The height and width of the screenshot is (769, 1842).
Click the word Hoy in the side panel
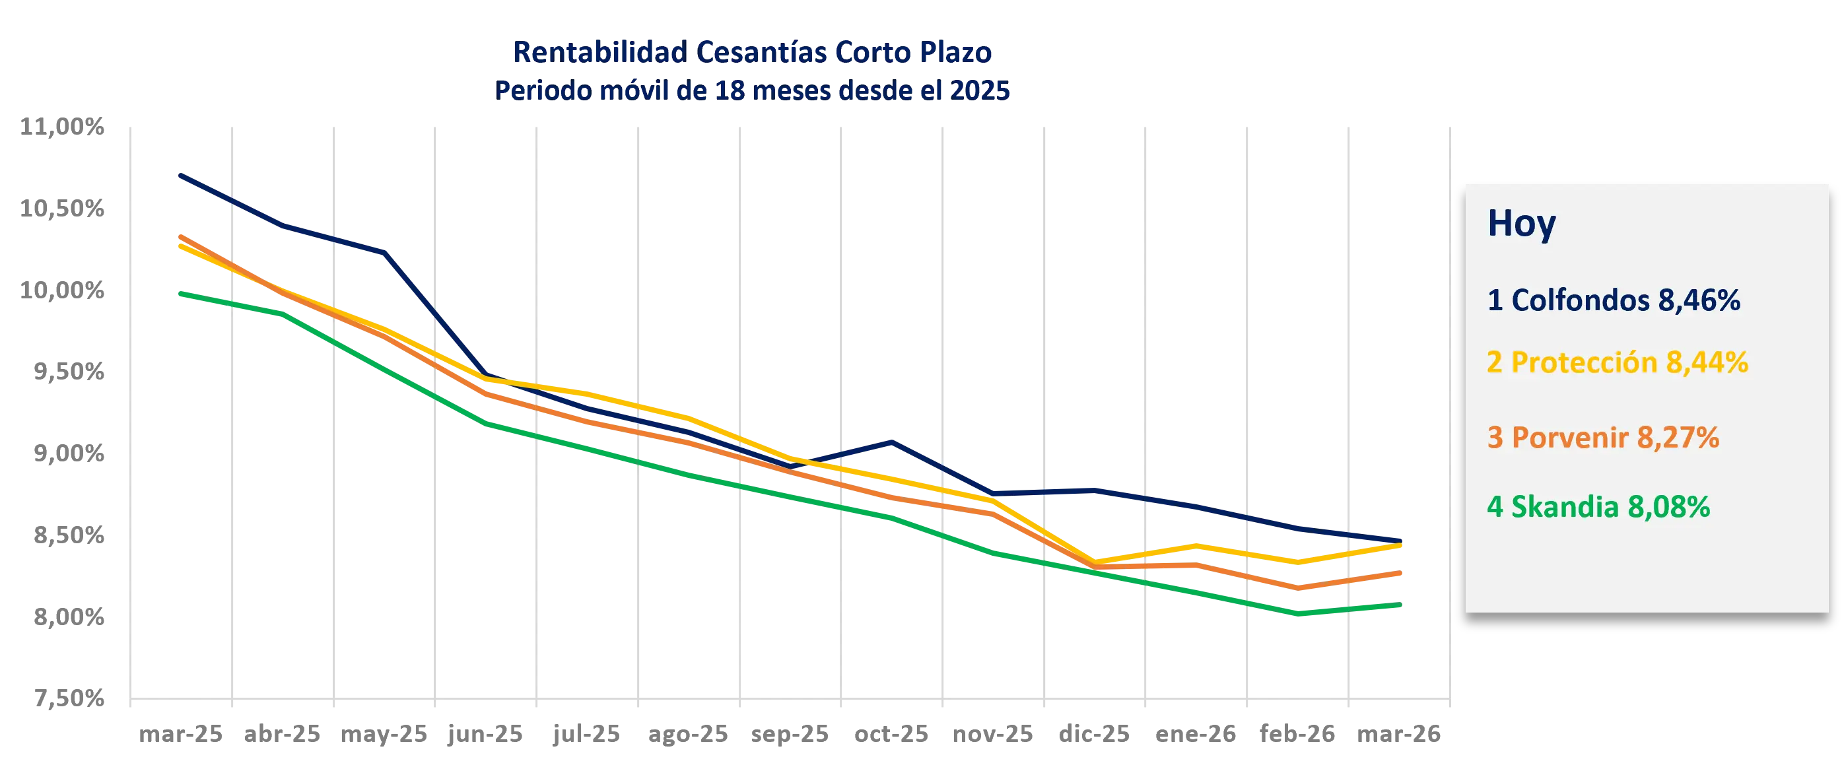(1521, 224)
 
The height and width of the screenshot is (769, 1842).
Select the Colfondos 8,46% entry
(1613, 300)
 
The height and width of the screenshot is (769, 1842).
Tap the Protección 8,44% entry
(1617, 363)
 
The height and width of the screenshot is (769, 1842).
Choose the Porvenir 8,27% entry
(1602, 438)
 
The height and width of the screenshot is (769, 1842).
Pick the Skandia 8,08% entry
(1598, 507)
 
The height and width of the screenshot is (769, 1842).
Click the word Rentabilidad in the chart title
(599, 52)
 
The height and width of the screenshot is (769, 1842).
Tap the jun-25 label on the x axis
(484, 735)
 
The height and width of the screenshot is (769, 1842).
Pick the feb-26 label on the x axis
(1297, 735)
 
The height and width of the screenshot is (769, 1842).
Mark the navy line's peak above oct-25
(893, 442)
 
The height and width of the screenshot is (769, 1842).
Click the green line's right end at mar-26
(1402, 605)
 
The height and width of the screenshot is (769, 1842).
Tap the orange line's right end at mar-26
(1402, 574)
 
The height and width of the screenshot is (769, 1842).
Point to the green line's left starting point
(178, 293)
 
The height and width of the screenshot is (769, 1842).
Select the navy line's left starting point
(178, 173)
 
